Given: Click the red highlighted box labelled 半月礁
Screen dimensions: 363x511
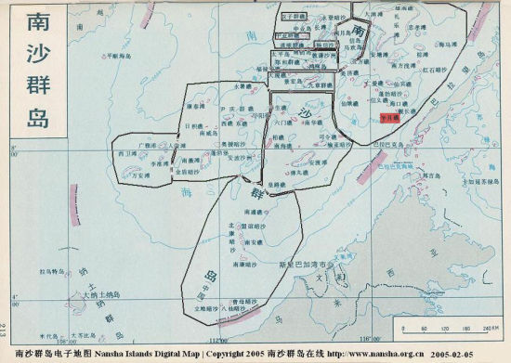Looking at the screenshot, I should (389, 119).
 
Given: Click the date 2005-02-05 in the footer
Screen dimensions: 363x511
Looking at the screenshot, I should (481, 355).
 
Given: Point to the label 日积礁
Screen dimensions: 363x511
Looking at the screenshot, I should (195, 123).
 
